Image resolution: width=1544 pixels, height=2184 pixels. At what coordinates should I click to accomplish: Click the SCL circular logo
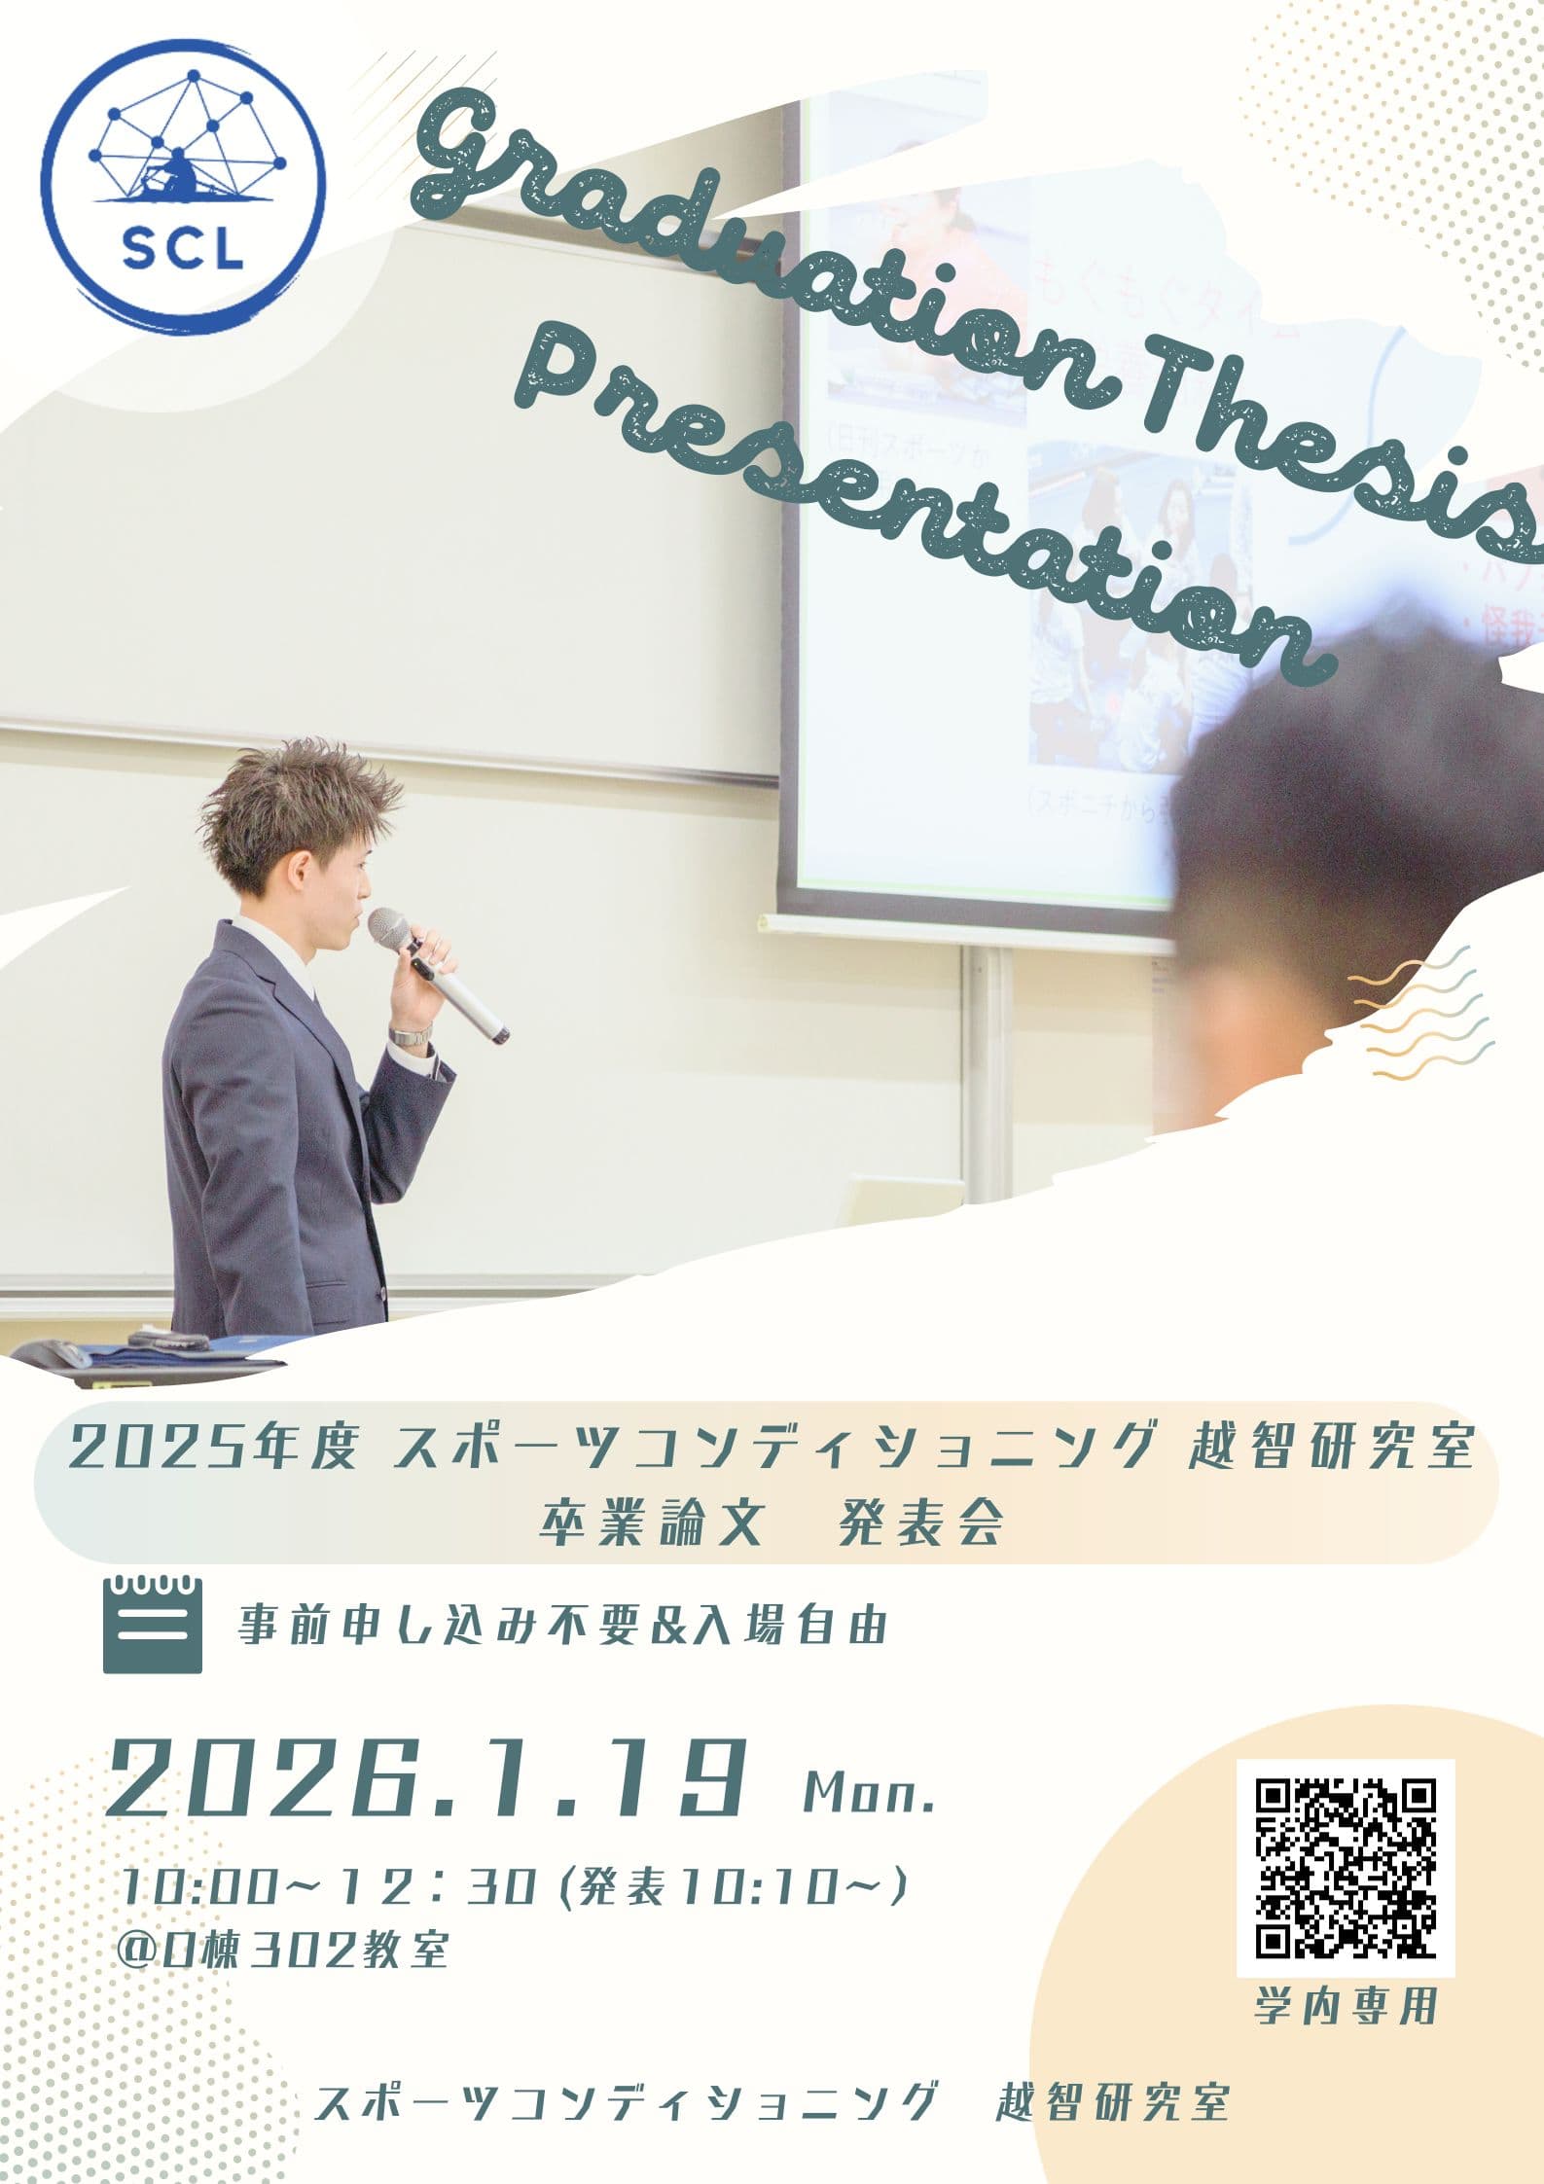coord(186,186)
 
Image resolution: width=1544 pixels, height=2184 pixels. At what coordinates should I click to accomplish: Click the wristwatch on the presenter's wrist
coord(410,1033)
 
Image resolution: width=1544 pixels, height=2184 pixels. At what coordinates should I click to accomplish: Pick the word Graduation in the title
coord(759,243)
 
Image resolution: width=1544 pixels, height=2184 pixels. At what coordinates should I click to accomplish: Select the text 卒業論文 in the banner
coord(649,1525)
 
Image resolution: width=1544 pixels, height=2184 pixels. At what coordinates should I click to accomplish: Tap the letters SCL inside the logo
coord(184,250)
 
